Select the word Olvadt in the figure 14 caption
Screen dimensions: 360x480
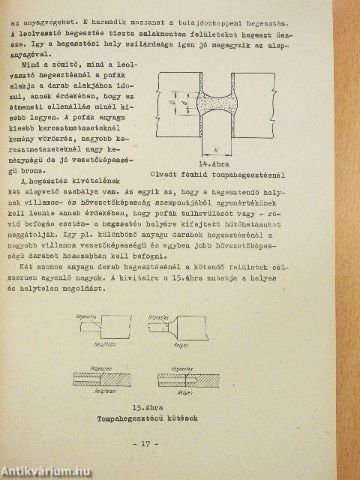(166, 176)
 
